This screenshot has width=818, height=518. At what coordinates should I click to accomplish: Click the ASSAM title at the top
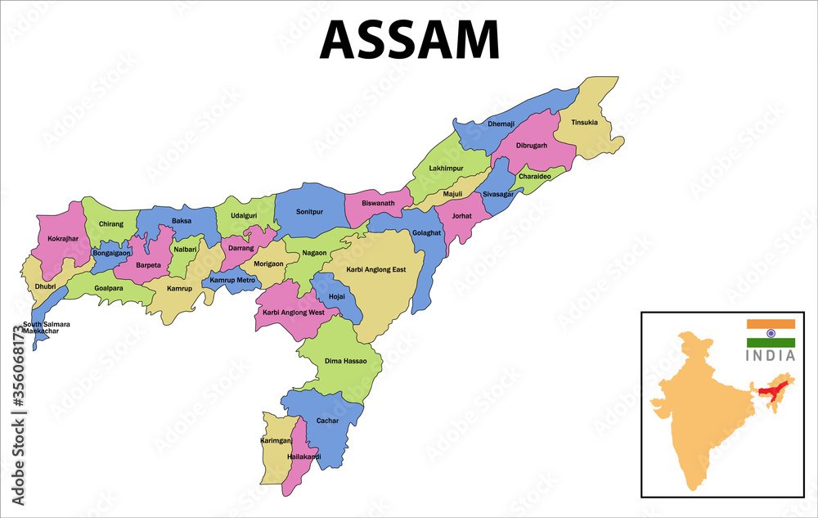[409, 38]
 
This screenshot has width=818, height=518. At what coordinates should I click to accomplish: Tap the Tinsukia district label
[584, 123]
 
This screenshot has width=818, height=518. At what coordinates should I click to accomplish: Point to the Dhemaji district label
[501, 124]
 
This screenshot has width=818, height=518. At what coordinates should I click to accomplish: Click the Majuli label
[452, 194]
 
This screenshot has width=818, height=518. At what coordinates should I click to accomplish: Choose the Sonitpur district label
[309, 211]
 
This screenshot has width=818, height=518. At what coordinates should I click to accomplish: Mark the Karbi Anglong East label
[376, 270]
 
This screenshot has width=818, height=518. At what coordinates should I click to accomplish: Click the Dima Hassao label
[347, 361]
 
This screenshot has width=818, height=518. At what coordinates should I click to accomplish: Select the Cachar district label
[327, 421]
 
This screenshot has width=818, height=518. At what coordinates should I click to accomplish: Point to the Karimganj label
[276, 440]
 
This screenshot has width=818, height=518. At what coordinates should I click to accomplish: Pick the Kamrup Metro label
[233, 280]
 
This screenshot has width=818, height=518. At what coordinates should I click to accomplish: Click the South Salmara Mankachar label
[46, 327]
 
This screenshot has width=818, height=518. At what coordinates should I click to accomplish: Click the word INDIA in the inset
[770, 356]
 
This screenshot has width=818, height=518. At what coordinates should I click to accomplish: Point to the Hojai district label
[336, 296]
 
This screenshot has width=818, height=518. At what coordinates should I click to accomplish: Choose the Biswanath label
[378, 204]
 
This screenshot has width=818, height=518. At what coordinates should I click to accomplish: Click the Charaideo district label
[535, 176]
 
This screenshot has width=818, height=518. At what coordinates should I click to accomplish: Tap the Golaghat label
[426, 232]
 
